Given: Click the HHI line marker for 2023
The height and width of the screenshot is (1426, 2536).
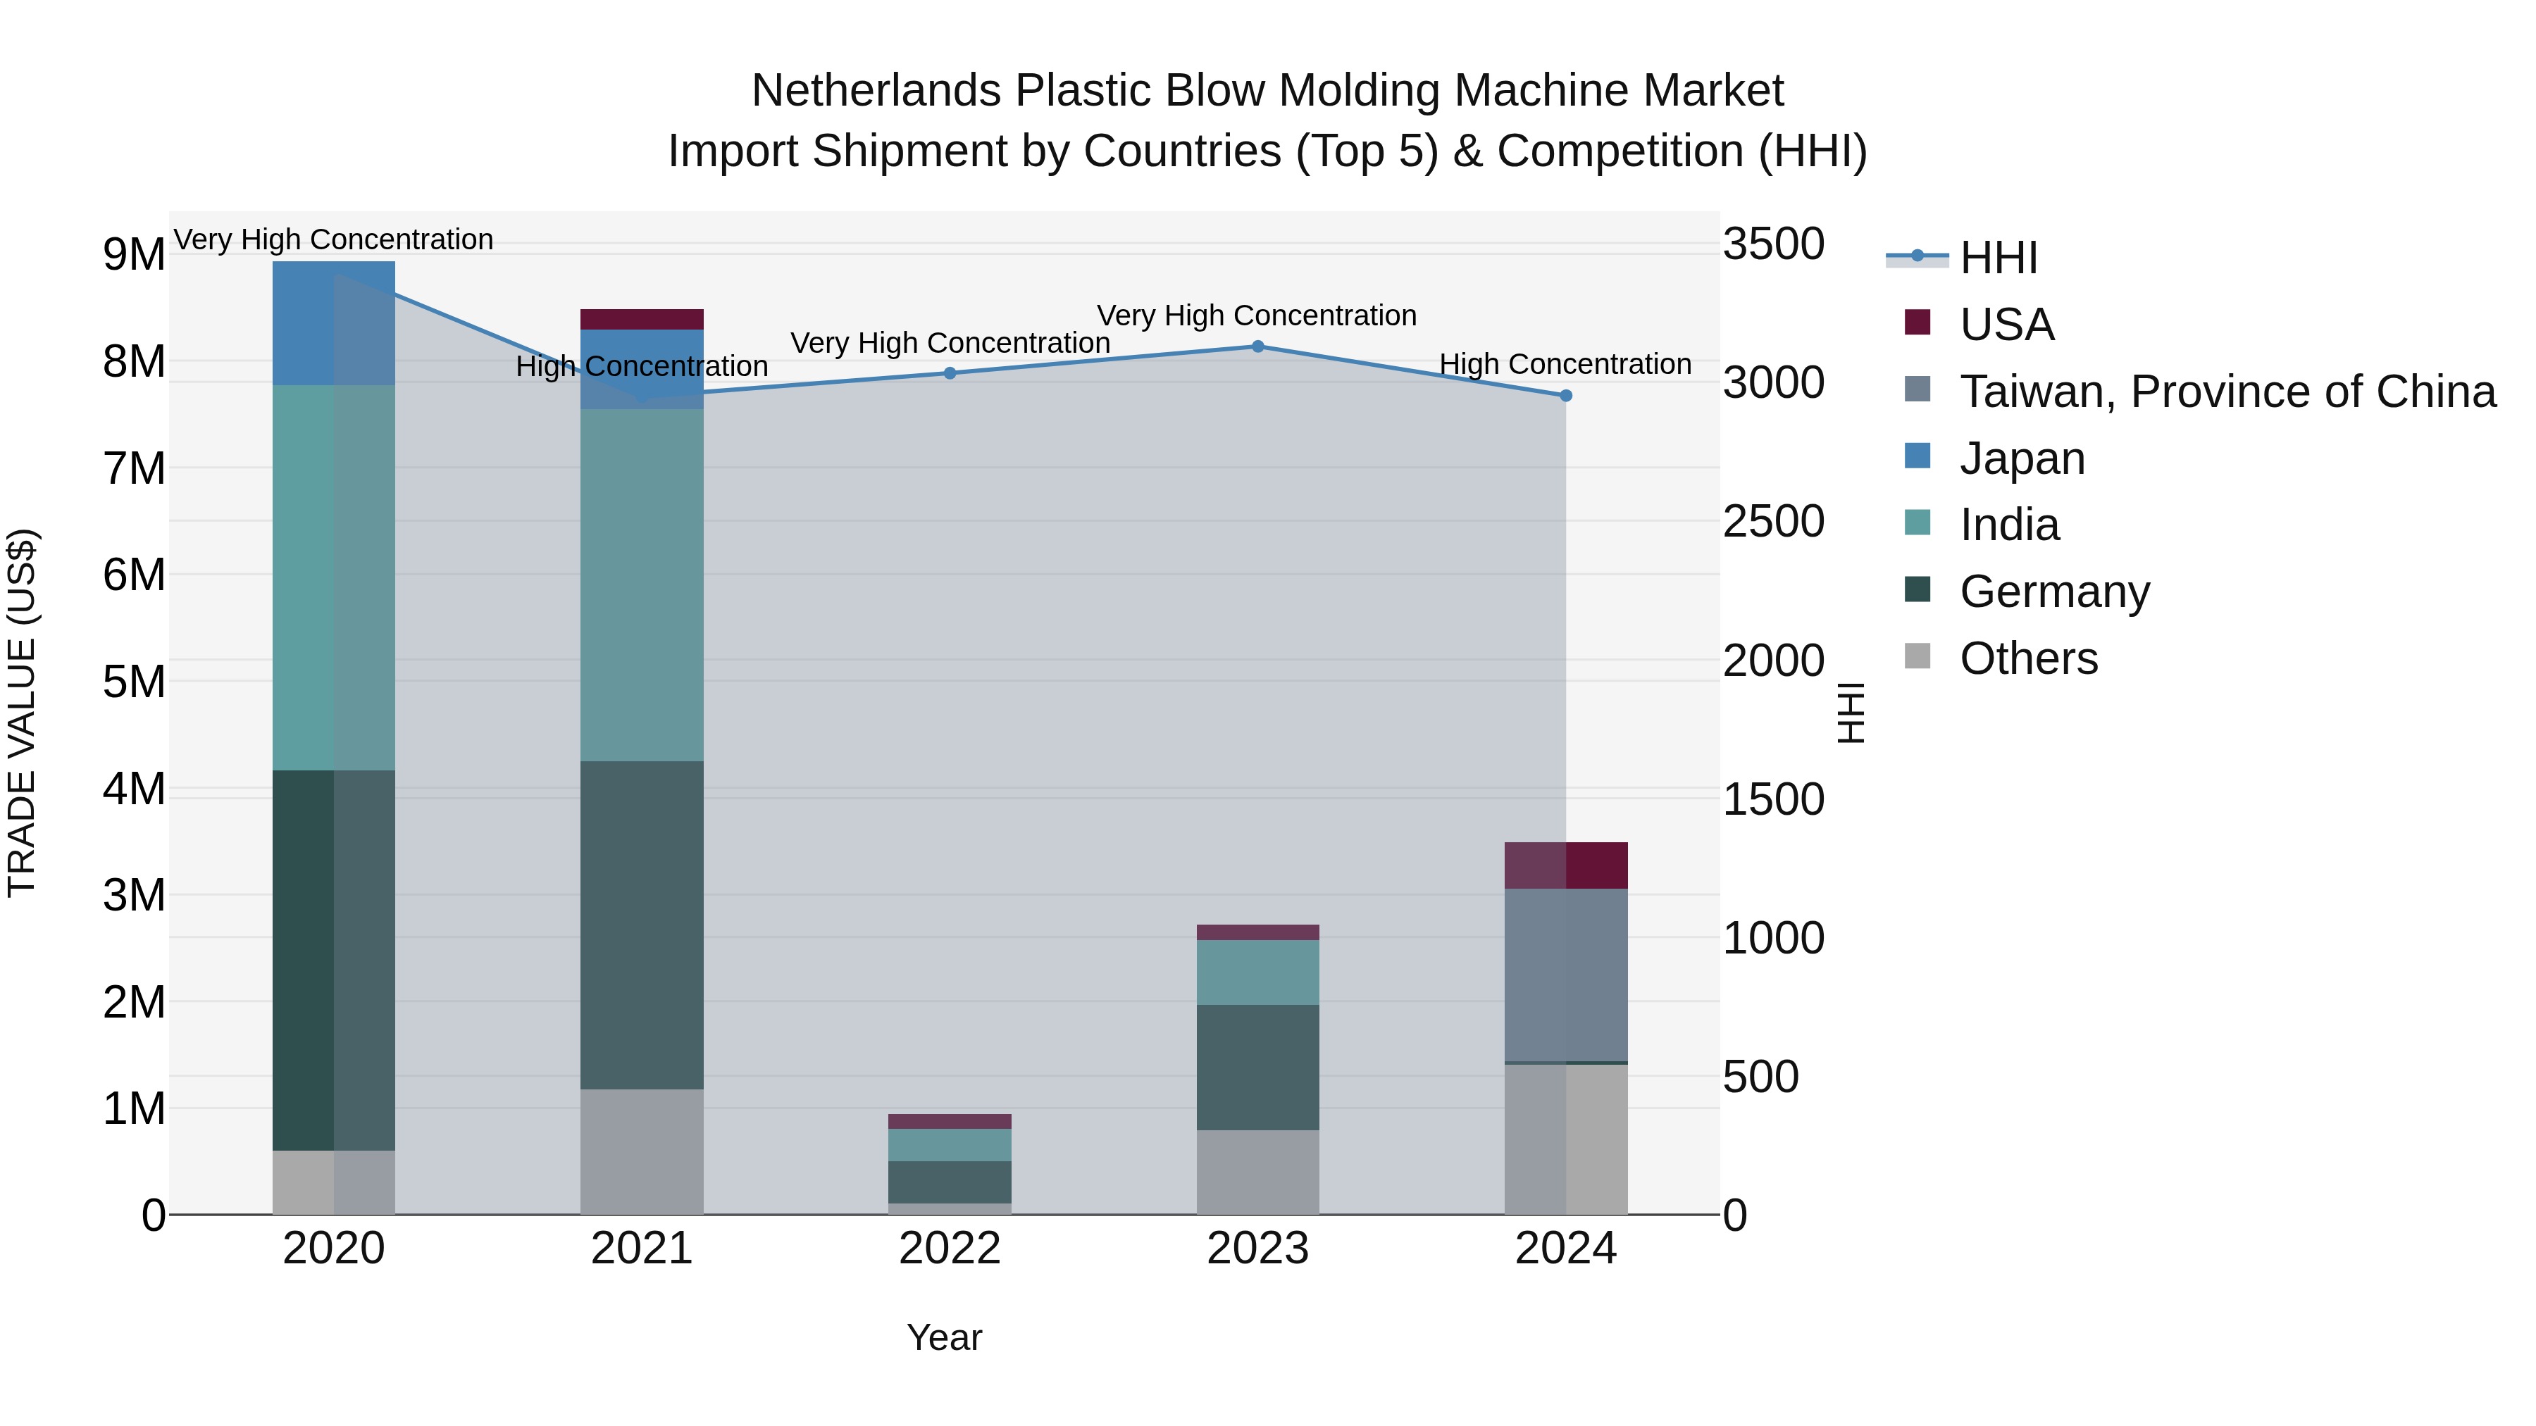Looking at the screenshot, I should click(1257, 346).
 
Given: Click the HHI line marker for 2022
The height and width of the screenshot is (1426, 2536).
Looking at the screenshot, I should click(950, 373).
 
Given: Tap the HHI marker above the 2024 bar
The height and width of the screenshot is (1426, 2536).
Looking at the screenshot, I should click(1565, 396).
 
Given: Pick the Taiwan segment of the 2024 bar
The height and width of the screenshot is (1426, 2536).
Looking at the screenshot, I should click(1565, 975).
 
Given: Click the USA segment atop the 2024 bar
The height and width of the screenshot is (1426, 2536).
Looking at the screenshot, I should click(1565, 865).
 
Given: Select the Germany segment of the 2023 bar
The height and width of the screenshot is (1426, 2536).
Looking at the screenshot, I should click(1257, 1067).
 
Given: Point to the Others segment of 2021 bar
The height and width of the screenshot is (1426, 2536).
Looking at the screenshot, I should click(641, 1151).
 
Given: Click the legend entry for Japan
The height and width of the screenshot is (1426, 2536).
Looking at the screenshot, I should click(2021, 458).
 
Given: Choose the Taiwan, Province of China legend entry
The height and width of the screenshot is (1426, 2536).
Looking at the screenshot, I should click(2227, 392).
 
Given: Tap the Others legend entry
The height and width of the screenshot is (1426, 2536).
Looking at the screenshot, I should click(2028, 658).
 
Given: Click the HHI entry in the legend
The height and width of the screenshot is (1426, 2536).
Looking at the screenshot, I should click(1998, 258).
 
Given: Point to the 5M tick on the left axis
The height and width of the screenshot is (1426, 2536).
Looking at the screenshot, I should click(135, 682).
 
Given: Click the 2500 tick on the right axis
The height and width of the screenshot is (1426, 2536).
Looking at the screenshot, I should click(1773, 522).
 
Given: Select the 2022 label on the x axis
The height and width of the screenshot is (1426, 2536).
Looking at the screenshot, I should click(950, 1249).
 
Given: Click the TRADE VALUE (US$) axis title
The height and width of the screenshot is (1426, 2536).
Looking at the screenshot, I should click(22, 713).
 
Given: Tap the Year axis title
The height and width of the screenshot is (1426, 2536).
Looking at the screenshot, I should click(944, 1337).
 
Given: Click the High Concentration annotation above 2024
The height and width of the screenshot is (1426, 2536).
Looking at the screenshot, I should click(1565, 364).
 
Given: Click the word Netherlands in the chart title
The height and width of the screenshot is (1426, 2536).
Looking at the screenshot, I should click(876, 91).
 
